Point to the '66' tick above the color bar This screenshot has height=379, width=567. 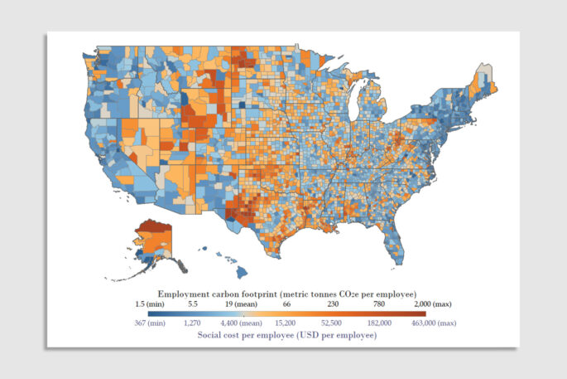point(286,304)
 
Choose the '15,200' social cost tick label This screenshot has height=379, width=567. point(286,323)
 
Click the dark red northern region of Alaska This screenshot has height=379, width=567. point(155,227)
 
